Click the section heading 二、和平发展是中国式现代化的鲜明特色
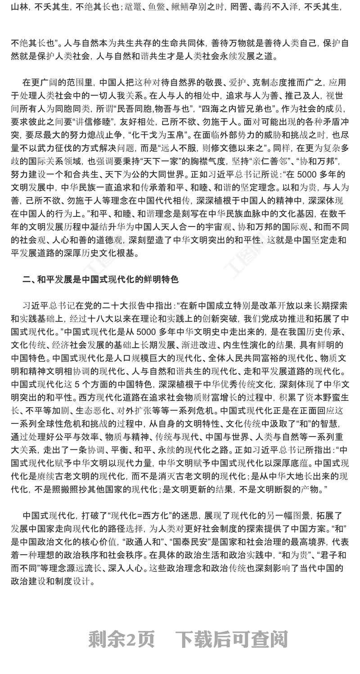[x=100, y=279]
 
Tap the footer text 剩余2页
[x=121, y=639]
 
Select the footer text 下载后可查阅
[x=231, y=639]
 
